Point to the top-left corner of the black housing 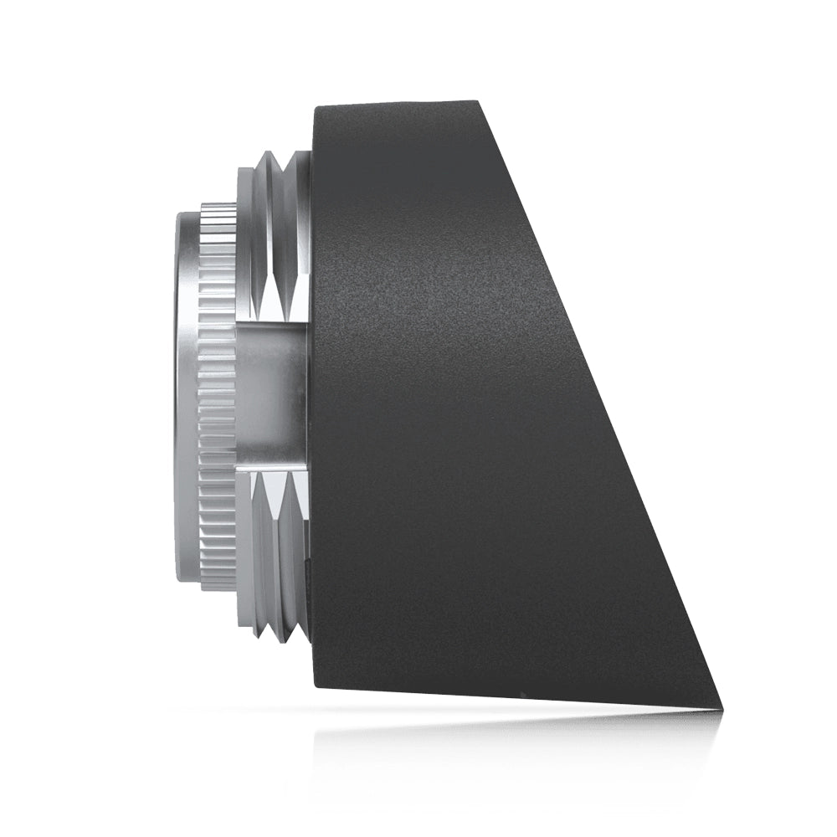315,107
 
